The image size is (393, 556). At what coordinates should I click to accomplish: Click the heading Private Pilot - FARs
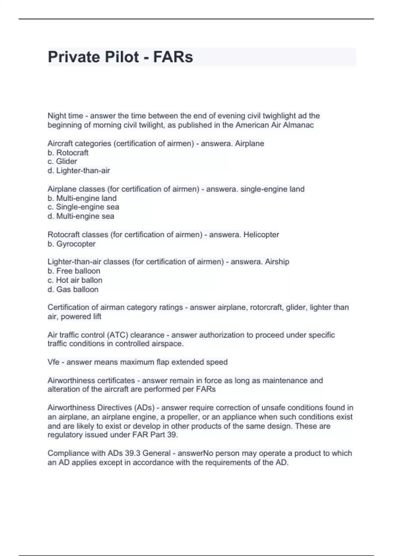(x=120, y=57)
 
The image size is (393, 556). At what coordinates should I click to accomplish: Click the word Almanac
(x=300, y=125)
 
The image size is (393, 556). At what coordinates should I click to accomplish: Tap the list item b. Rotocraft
(x=68, y=153)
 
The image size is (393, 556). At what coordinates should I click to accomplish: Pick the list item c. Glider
(x=62, y=162)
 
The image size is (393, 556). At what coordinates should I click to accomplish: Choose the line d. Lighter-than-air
(x=79, y=171)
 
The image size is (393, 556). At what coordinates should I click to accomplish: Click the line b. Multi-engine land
(x=82, y=198)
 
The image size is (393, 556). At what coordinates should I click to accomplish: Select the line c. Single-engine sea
(x=84, y=207)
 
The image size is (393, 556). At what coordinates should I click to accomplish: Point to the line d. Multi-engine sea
(x=81, y=216)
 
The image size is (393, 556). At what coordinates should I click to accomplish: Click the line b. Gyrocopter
(x=71, y=244)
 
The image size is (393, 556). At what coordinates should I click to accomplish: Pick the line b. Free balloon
(x=74, y=271)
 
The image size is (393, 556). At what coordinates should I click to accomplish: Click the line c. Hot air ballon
(x=75, y=280)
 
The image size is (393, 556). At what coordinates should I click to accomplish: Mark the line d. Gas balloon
(x=73, y=289)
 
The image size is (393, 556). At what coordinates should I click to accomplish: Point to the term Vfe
(x=53, y=362)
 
